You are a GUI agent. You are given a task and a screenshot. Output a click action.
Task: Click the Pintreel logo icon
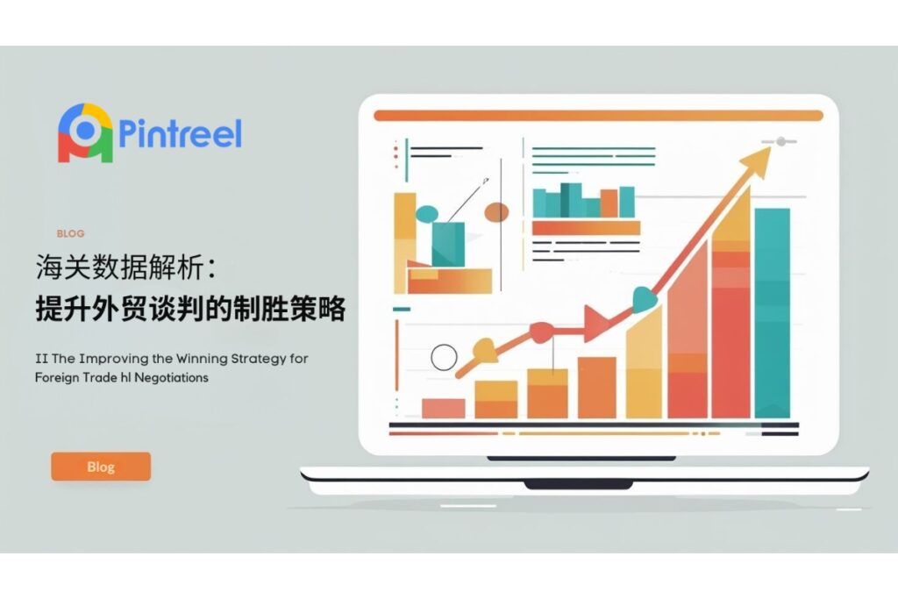tap(85, 132)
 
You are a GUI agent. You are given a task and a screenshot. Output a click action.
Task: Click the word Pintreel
tap(180, 132)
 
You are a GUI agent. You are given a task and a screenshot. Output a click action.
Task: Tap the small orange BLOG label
tap(70, 233)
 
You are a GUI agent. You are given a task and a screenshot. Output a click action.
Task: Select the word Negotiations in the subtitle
tap(171, 377)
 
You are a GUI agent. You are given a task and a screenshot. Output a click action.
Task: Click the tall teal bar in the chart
tap(772, 313)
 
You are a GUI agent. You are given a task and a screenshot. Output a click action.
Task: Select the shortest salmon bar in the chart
tap(443, 409)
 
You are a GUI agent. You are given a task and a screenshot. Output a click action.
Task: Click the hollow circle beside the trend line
tap(444, 357)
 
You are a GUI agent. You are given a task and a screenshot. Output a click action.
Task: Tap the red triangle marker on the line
tap(595, 323)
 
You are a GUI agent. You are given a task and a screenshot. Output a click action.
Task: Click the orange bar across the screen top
tap(598, 116)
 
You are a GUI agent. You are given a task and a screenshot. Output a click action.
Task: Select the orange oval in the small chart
tap(496, 212)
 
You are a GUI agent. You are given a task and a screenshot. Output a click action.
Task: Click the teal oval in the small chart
tap(427, 214)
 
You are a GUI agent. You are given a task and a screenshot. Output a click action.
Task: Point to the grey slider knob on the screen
tap(781, 141)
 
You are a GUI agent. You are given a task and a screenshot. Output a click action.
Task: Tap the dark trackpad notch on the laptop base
tap(579, 485)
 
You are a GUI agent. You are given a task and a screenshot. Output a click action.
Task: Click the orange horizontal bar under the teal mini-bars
tap(586, 228)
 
